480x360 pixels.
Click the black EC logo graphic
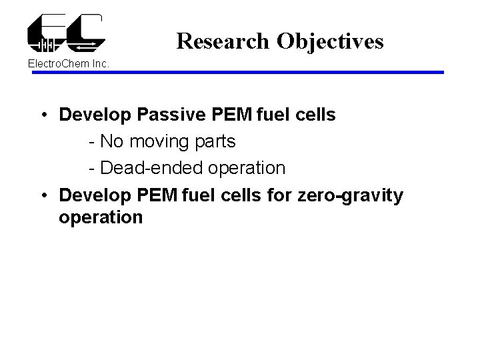(66, 33)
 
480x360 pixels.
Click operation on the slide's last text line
(101, 218)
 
